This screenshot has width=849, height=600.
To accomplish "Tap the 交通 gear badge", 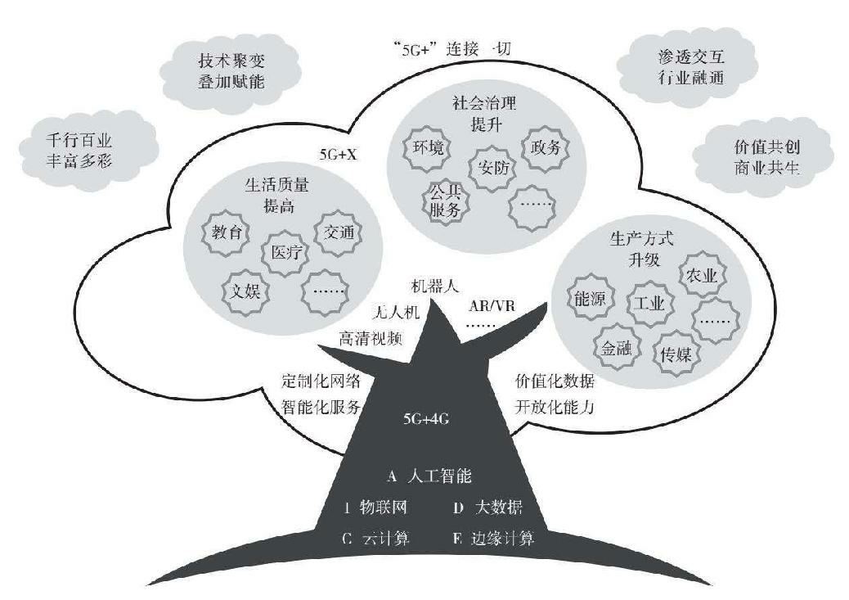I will tap(338, 232).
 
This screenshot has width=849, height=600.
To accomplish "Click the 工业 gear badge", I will tap(649, 302).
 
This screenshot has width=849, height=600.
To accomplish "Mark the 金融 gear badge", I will tap(616, 348).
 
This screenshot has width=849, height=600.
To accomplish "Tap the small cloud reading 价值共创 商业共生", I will tap(754, 156).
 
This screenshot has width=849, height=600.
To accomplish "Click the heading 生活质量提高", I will tap(269, 194).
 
